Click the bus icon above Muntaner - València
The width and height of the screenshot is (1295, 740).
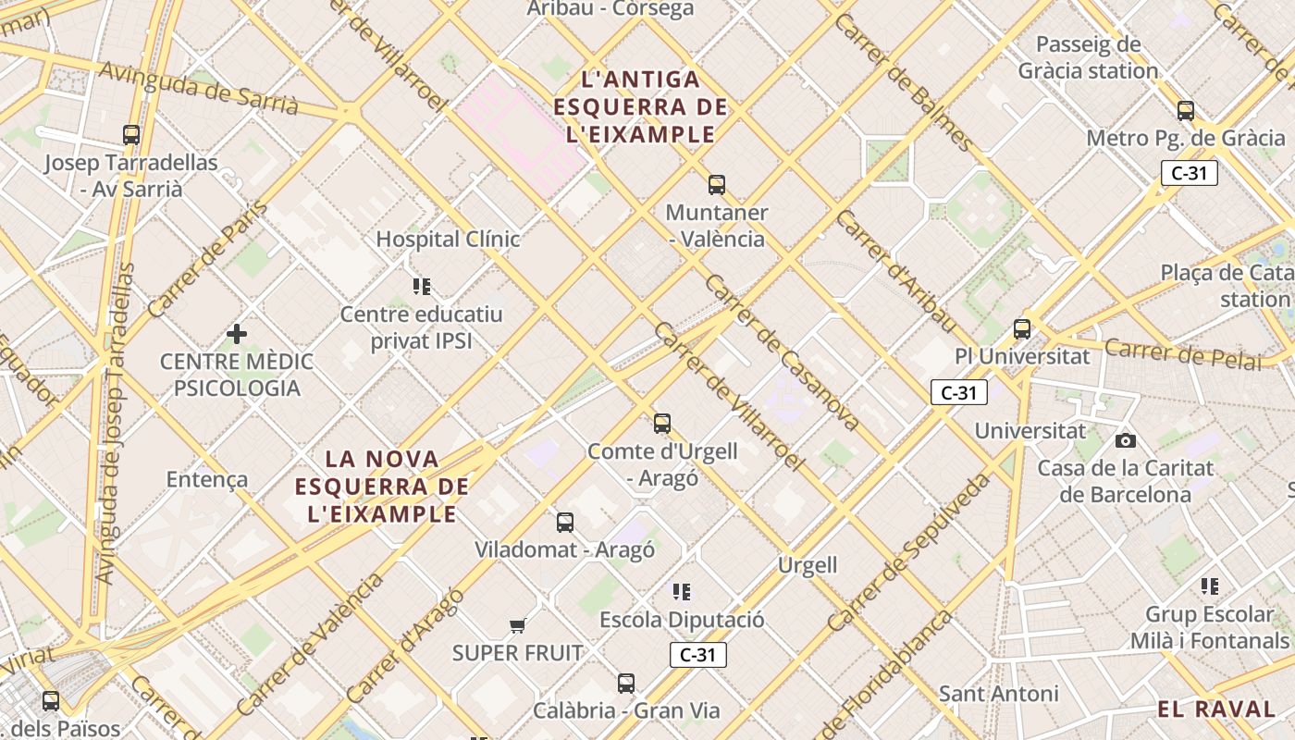point(717,184)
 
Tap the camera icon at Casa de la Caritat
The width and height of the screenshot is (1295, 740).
point(1125,440)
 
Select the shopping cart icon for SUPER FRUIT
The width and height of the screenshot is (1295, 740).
point(518,626)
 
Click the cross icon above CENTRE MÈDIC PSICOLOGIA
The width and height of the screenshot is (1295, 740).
point(237,333)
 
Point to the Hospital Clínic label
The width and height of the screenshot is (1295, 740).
point(448,239)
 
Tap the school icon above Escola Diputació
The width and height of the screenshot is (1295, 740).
point(682,591)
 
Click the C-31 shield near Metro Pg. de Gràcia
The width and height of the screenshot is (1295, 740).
point(1189,173)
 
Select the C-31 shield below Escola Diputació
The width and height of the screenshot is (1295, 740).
point(697,655)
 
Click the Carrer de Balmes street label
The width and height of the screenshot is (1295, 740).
point(903,82)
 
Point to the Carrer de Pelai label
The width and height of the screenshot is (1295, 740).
point(1183,354)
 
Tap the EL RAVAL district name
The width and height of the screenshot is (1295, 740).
point(1215,709)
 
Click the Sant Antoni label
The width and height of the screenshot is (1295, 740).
point(998,694)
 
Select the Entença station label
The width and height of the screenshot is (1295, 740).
point(207,479)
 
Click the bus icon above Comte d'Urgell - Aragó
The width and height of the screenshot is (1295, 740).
point(662,424)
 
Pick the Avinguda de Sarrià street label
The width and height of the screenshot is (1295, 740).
point(198,88)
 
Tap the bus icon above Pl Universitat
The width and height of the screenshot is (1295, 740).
point(1022,328)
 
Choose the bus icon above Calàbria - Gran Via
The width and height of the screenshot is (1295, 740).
point(626,684)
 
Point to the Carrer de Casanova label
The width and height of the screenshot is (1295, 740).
point(782,352)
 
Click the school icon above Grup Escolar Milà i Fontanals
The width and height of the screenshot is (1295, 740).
point(1209,586)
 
